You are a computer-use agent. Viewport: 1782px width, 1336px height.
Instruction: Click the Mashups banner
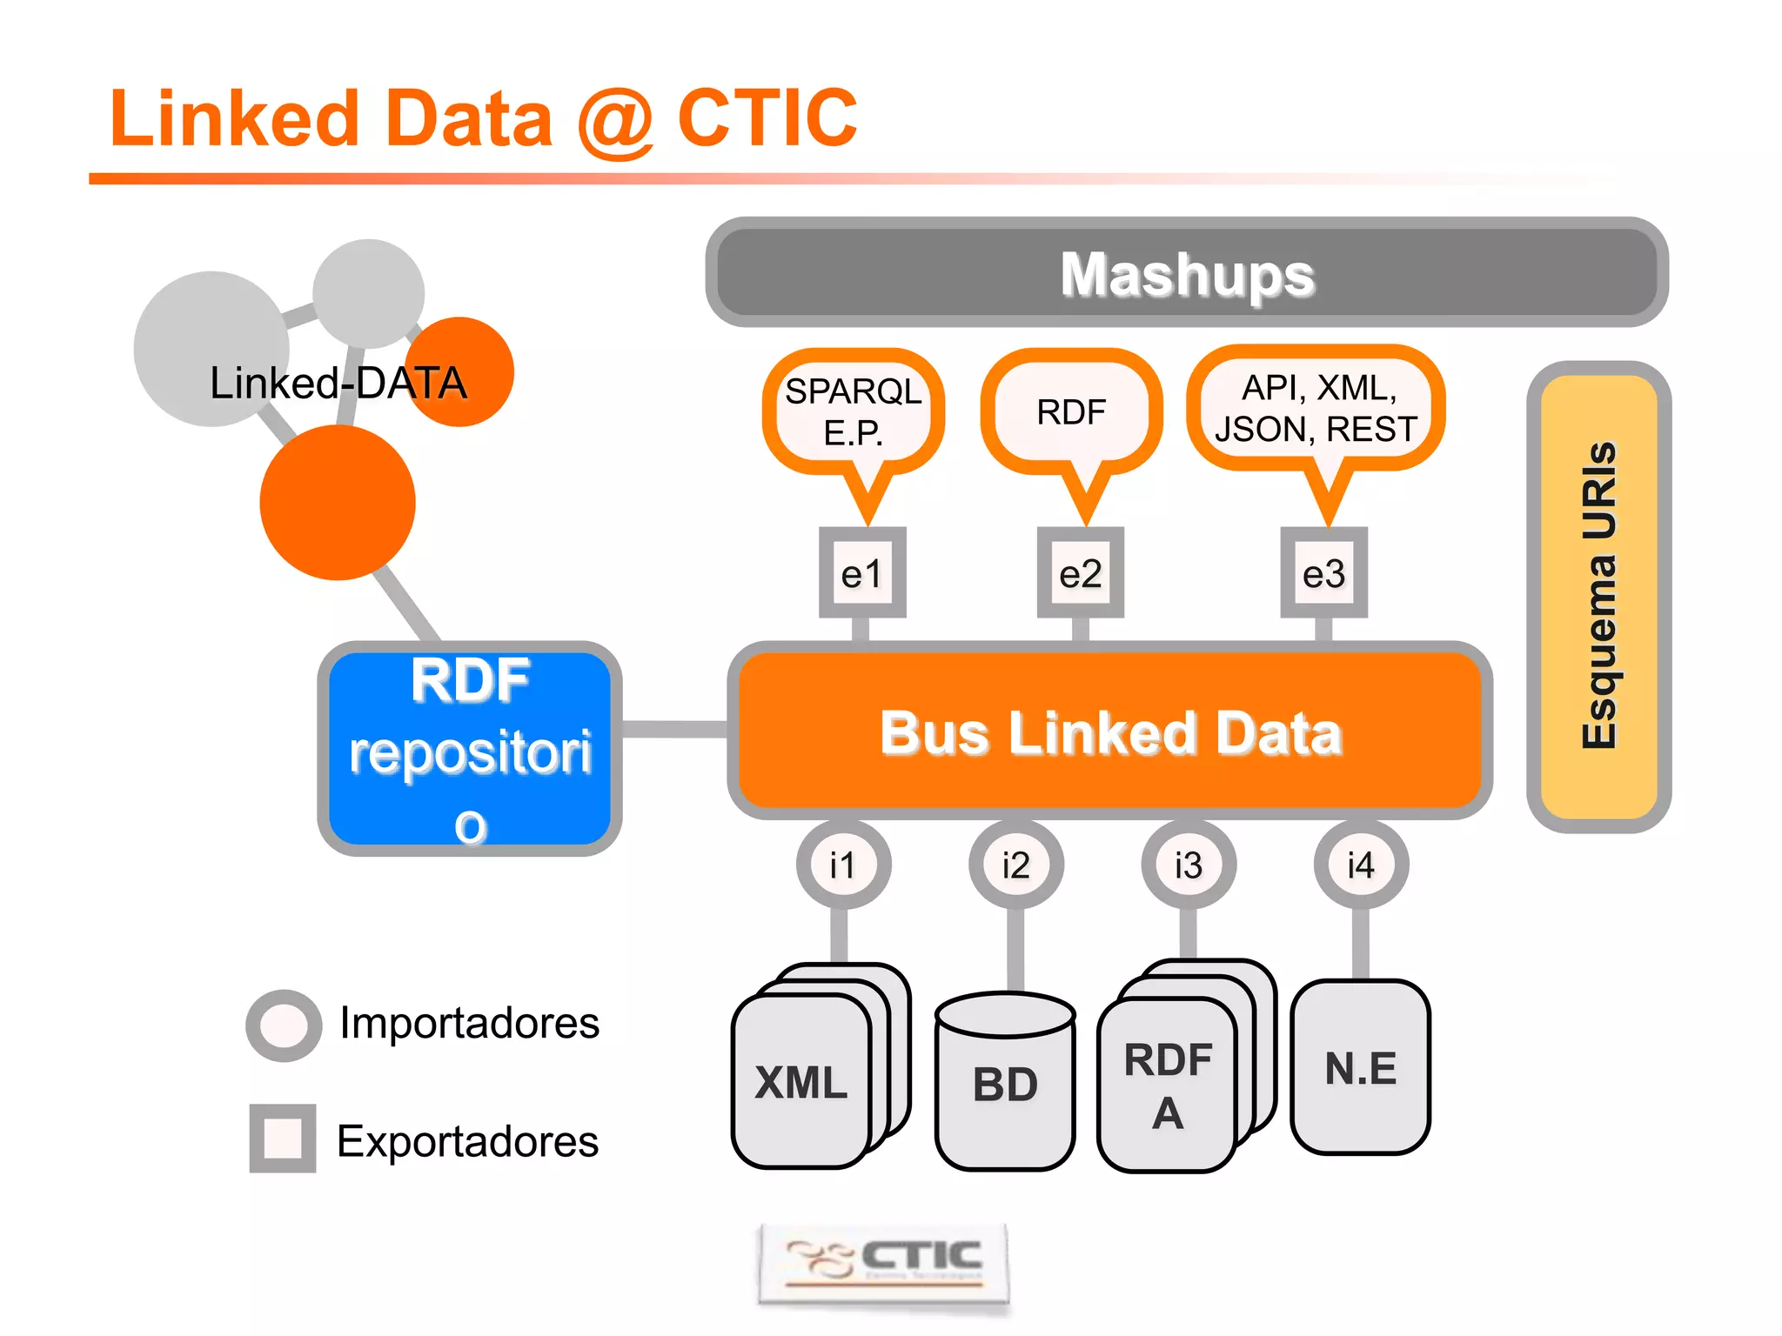click(1187, 273)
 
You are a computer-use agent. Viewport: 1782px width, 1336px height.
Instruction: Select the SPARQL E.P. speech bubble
click(853, 411)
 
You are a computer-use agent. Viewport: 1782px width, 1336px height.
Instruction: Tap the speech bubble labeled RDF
click(1071, 411)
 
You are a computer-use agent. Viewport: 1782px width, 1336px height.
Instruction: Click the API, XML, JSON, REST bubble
click(1316, 409)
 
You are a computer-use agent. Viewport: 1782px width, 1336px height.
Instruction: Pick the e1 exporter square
click(862, 573)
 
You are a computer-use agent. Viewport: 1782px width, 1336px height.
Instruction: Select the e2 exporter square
click(1081, 573)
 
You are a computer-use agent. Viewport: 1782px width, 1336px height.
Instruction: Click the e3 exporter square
click(1323, 573)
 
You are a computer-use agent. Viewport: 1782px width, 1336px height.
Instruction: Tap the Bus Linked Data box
click(1110, 731)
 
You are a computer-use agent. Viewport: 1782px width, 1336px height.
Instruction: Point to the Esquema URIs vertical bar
click(1598, 597)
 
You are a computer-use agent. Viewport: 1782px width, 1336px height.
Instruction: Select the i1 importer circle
click(842, 865)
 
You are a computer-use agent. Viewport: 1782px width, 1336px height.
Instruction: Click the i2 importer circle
click(1015, 865)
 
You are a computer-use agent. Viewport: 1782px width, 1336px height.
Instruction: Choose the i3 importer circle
click(1189, 865)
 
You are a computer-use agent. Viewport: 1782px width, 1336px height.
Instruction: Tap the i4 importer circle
click(1361, 865)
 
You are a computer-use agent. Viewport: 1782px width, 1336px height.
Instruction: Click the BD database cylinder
click(1005, 1083)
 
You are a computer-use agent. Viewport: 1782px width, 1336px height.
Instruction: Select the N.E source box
click(1361, 1067)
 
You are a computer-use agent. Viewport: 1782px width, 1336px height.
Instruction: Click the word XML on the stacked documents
click(801, 1083)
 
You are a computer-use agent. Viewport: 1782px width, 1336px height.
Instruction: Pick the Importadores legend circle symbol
click(285, 1025)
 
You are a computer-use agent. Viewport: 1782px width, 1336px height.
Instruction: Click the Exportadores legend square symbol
click(283, 1139)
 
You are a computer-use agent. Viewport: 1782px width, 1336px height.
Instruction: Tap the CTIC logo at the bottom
click(884, 1263)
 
